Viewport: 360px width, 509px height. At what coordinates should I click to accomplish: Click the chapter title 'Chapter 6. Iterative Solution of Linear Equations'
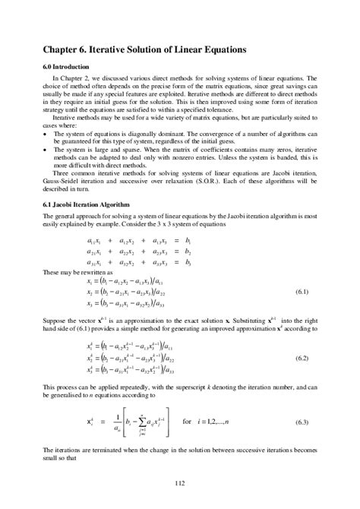[x=144, y=49]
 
